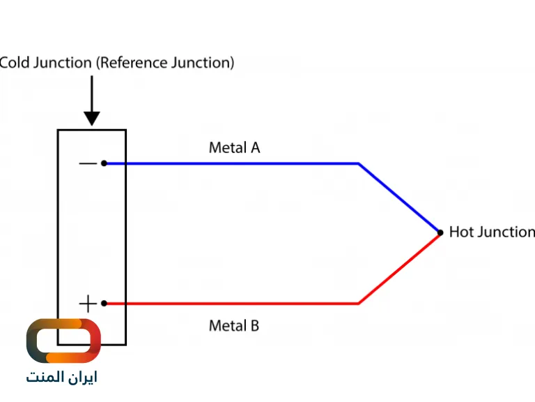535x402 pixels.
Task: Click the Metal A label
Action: tap(234, 148)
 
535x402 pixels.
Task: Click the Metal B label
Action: tap(234, 325)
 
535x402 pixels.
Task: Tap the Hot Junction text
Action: tap(491, 232)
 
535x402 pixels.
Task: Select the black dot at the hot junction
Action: tap(440, 232)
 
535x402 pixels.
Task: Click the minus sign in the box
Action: tap(88, 164)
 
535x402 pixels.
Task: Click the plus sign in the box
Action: tap(88, 304)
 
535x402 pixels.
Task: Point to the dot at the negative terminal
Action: tap(104, 163)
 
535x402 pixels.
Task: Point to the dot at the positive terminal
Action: tap(104, 304)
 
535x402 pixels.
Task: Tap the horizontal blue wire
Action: tap(230, 164)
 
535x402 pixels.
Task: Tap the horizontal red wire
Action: tap(230, 304)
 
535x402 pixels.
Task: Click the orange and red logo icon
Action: tap(63, 341)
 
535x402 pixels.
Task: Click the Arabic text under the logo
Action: tap(62, 378)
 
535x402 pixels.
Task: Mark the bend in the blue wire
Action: tap(359, 164)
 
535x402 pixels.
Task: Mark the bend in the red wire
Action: tap(359, 304)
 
